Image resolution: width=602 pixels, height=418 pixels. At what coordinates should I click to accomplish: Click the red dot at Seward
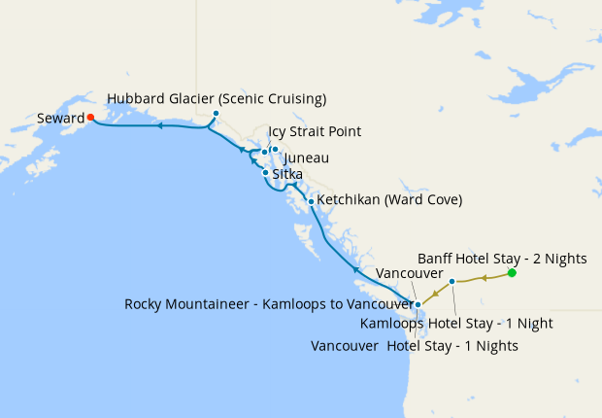pyautogui.click(x=90, y=118)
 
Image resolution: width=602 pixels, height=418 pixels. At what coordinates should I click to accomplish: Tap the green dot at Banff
pyautogui.click(x=512, y=273)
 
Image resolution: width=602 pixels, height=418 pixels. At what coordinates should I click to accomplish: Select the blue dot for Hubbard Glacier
pyautogui.click(x=216, y=114)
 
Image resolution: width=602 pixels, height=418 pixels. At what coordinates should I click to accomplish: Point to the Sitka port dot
pyautogui.click(x=265, y=172)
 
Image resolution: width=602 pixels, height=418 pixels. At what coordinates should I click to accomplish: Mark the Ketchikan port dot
pyautogui.click(x=311, y=201)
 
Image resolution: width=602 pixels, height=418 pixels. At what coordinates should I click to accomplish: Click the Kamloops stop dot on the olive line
pyautogui.click(x=452, y=282)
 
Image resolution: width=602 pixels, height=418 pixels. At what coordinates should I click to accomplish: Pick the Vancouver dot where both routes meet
pyautogui.click(x=418, y=305)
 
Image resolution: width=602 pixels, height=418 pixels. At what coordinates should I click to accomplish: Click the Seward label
pyautogui.click(x=59, y=119)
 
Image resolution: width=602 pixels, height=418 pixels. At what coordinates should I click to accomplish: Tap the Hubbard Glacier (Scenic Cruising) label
pyautogui.click(x=217, y=99)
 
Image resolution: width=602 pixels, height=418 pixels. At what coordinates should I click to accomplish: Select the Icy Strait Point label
pyautogui.click(x=315, y=132)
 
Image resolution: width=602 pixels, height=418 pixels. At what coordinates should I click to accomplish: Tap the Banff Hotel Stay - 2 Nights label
pyautogui.click(x=502, y=259)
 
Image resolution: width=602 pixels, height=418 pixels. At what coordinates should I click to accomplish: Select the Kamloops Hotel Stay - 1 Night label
pyautogui.click(x=470, y=324)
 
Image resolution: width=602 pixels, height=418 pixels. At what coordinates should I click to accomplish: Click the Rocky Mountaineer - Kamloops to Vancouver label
pyautogui.click(x=269, y=304)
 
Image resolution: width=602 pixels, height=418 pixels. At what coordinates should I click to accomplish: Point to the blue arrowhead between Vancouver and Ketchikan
pyautogui.click(x=356, y=269)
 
